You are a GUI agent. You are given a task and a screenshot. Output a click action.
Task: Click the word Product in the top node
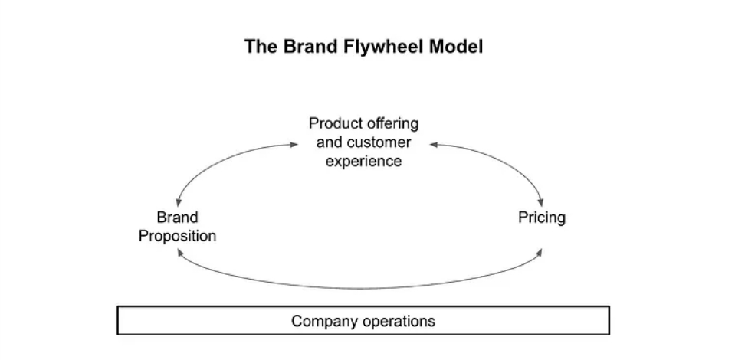pos(334,123)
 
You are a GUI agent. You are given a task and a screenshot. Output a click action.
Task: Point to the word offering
pos(391,123)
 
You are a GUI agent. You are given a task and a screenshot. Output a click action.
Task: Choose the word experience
pos(363,162)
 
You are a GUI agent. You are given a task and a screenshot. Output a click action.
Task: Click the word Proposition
pos(177,236)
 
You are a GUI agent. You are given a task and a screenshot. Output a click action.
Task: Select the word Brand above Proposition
pos(177,218)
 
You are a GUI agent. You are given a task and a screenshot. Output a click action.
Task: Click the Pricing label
pos(542,218)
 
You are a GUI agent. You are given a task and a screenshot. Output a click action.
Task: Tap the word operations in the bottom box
pos(395,320)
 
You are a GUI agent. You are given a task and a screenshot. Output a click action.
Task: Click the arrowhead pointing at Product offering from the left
pos(294,143)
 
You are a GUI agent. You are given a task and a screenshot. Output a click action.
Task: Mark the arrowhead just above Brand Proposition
pos(177,201)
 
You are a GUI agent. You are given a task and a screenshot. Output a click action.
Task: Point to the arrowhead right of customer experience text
pos(433,143)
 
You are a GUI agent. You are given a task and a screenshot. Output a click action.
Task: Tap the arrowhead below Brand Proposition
pos(179,254)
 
